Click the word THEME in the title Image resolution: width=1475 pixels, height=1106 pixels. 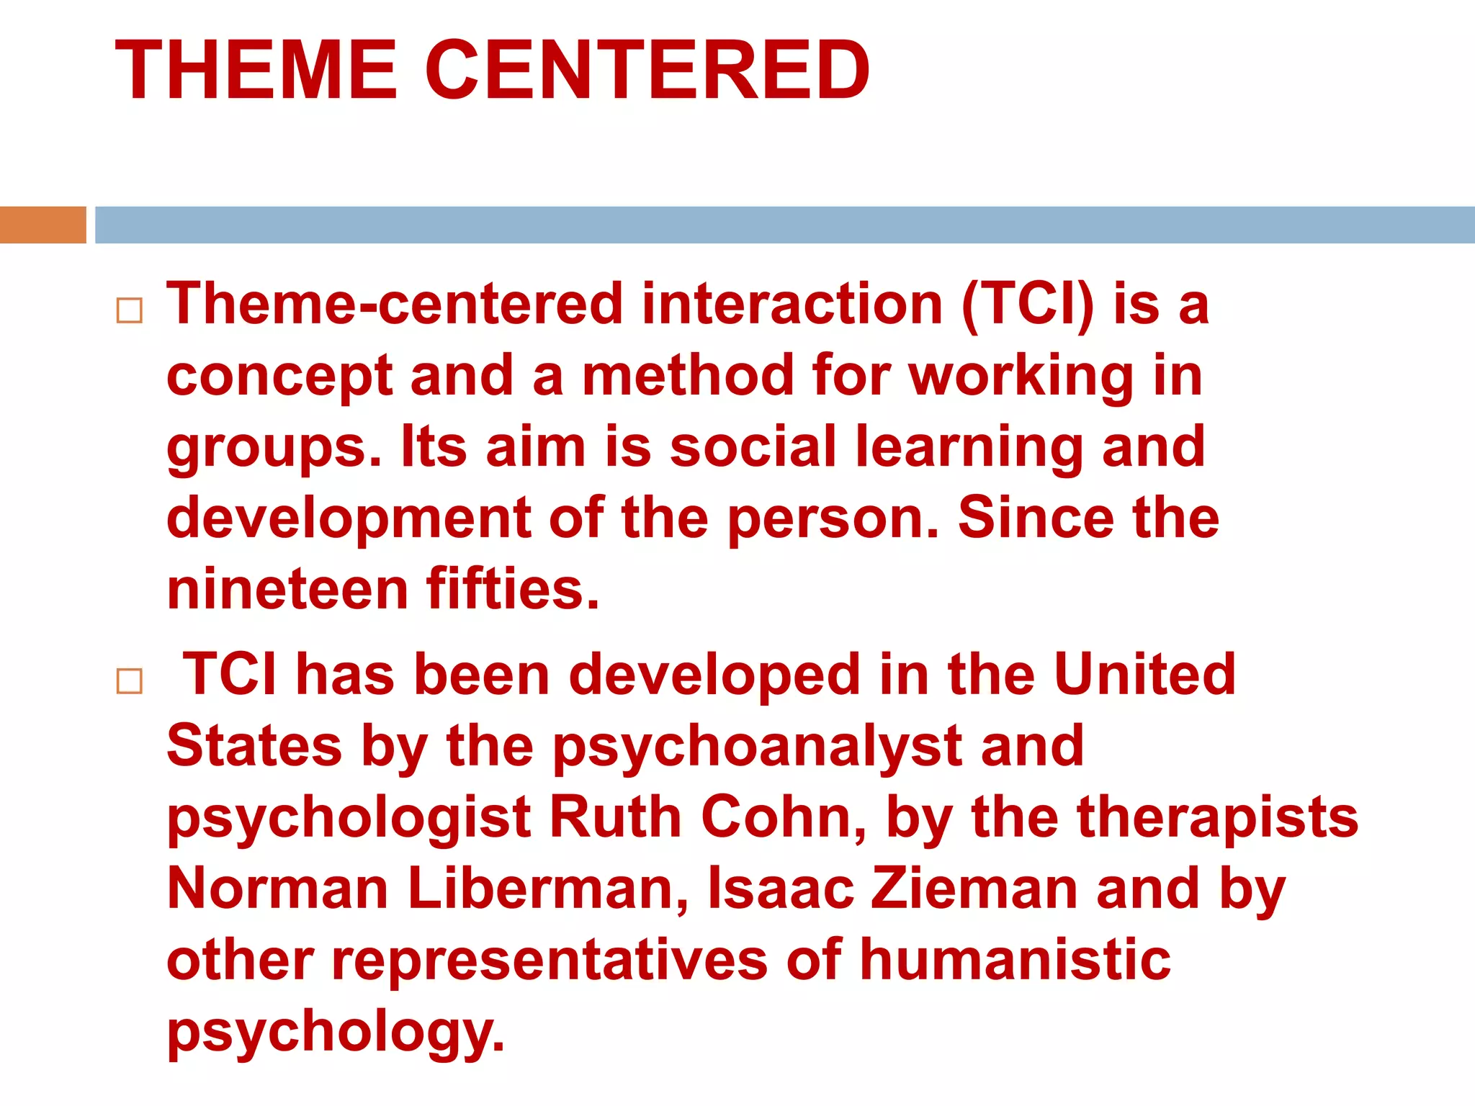(256, 71)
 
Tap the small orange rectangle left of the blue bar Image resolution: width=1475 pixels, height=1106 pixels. (42, 225)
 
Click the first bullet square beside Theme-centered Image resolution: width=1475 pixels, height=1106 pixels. (130, 310)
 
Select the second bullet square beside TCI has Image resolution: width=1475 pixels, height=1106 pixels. (130, 680)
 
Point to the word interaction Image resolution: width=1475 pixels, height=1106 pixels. (792, 305)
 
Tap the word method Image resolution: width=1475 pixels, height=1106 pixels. (687, 376)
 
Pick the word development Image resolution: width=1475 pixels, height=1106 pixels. (349, 518)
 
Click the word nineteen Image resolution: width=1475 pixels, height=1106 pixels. (287, 589)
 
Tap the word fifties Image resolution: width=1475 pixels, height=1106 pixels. (512, 589)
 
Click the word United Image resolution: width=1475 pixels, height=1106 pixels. (1144, 674)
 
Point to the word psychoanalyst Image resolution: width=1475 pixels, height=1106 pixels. (757, 747)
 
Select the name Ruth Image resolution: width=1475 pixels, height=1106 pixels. (616, 817)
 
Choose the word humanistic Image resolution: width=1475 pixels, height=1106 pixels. (1016, 960)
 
